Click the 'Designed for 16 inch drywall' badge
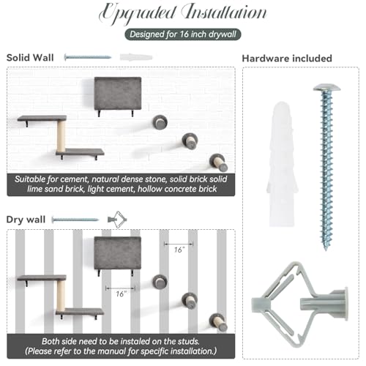[183, 34]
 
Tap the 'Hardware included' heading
[287, 59]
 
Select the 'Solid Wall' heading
[30, 58]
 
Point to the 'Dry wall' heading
[26, 220]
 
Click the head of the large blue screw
[326, 88]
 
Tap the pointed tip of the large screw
[326, 250]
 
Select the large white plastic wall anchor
[283, 164]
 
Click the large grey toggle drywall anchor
[300, 305]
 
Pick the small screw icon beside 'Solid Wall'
[88, 57]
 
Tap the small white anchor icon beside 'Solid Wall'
[136, 57]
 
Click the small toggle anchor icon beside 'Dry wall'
[117, 220]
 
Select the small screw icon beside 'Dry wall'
[75, 220]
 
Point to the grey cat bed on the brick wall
[118, 94]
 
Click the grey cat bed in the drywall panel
[118, 253]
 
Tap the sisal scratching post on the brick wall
[61, 136]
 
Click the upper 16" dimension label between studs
[179, 250]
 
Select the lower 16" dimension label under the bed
[122, 294]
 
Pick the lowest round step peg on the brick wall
[218, 163]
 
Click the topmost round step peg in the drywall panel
[160, 282]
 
